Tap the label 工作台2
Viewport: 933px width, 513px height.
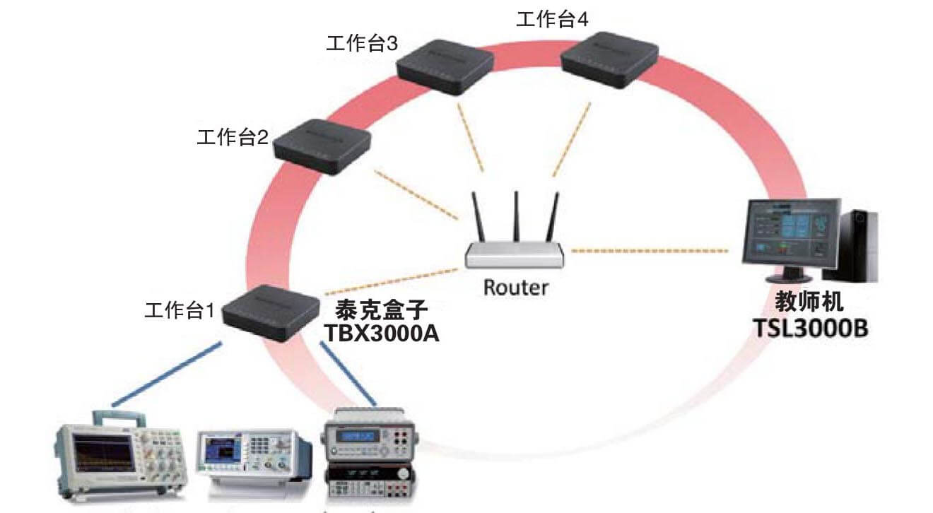(233, 138)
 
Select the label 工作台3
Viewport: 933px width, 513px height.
(361, 44)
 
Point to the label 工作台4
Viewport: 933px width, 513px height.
(551, 20)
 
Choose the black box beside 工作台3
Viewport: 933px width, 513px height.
(444, 66)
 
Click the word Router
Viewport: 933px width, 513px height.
(515, 288)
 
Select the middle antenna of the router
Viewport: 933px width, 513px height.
(516, 215)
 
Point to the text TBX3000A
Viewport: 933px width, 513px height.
(381, 333)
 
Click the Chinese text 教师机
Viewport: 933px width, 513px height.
(809, 304)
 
